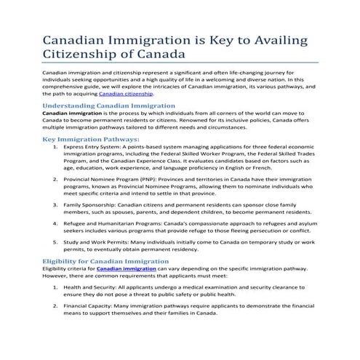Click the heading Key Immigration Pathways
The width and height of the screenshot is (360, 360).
(x=91, y=139)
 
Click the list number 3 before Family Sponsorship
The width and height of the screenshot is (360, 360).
(x=56, y=207)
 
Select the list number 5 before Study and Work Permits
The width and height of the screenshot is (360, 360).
(x=56, y=240)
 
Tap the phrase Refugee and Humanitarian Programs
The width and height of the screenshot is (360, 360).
(x=113, y=223)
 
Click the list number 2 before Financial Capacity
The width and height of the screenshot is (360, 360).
(x=56, y=308)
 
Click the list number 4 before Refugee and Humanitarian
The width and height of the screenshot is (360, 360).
(x=56, y=223)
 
